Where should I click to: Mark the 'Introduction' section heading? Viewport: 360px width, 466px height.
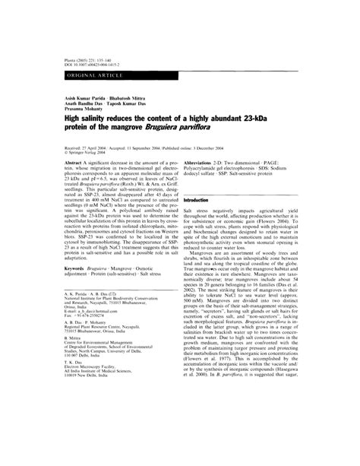coord(197,199)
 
